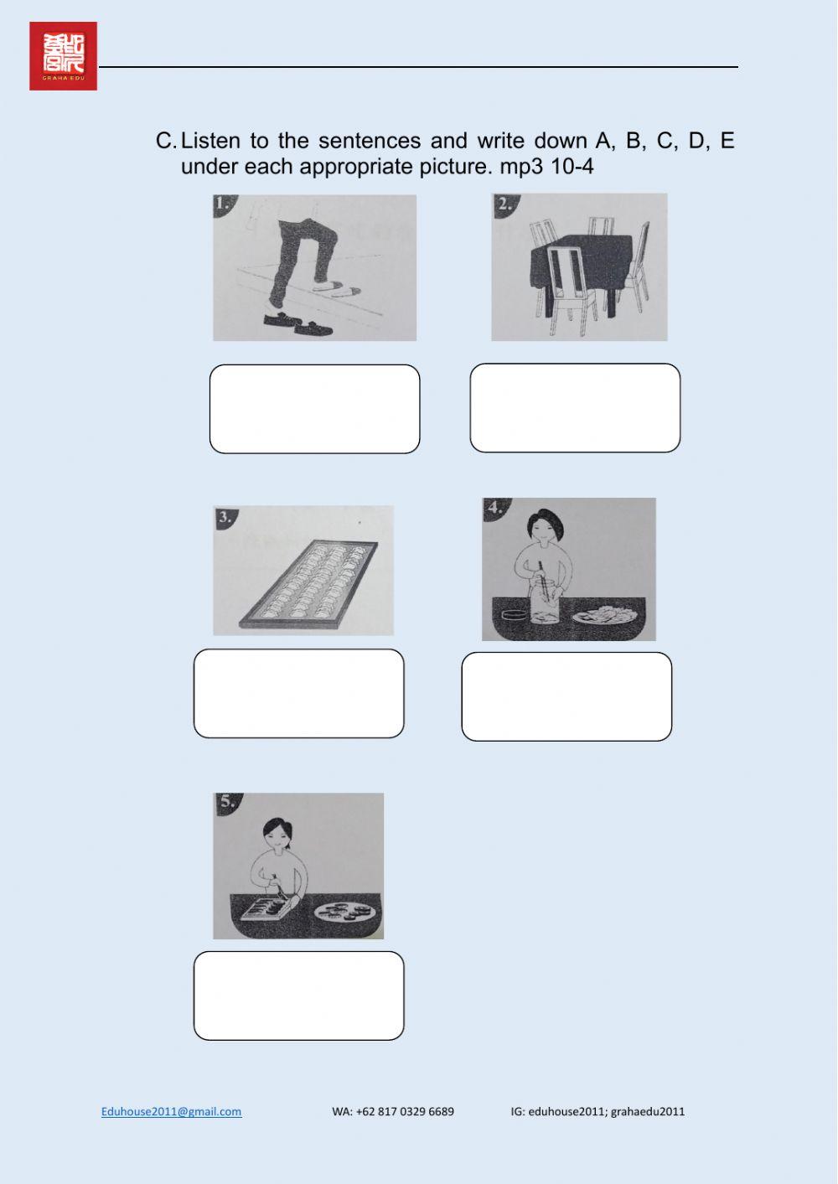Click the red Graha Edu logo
(x=63, y=56)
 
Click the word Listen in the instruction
(x=217, y=140)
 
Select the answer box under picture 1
(x=314, y=409)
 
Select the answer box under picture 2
(x=575, y=408)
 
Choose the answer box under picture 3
(x=298, y=693)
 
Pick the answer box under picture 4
(x=566, y=696)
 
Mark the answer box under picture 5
(x=298, y=995)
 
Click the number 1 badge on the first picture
(x=223, y=204)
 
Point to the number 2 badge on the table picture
(x=504, y=204)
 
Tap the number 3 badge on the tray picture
(x=224, y=517)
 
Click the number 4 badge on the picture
(x=494, y=508)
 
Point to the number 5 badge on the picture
(x=226, y=802)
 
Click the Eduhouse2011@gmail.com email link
(x=171, y=1111)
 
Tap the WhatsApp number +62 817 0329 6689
(x=393, y=1111)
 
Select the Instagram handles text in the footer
(x=597, y=1111)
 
